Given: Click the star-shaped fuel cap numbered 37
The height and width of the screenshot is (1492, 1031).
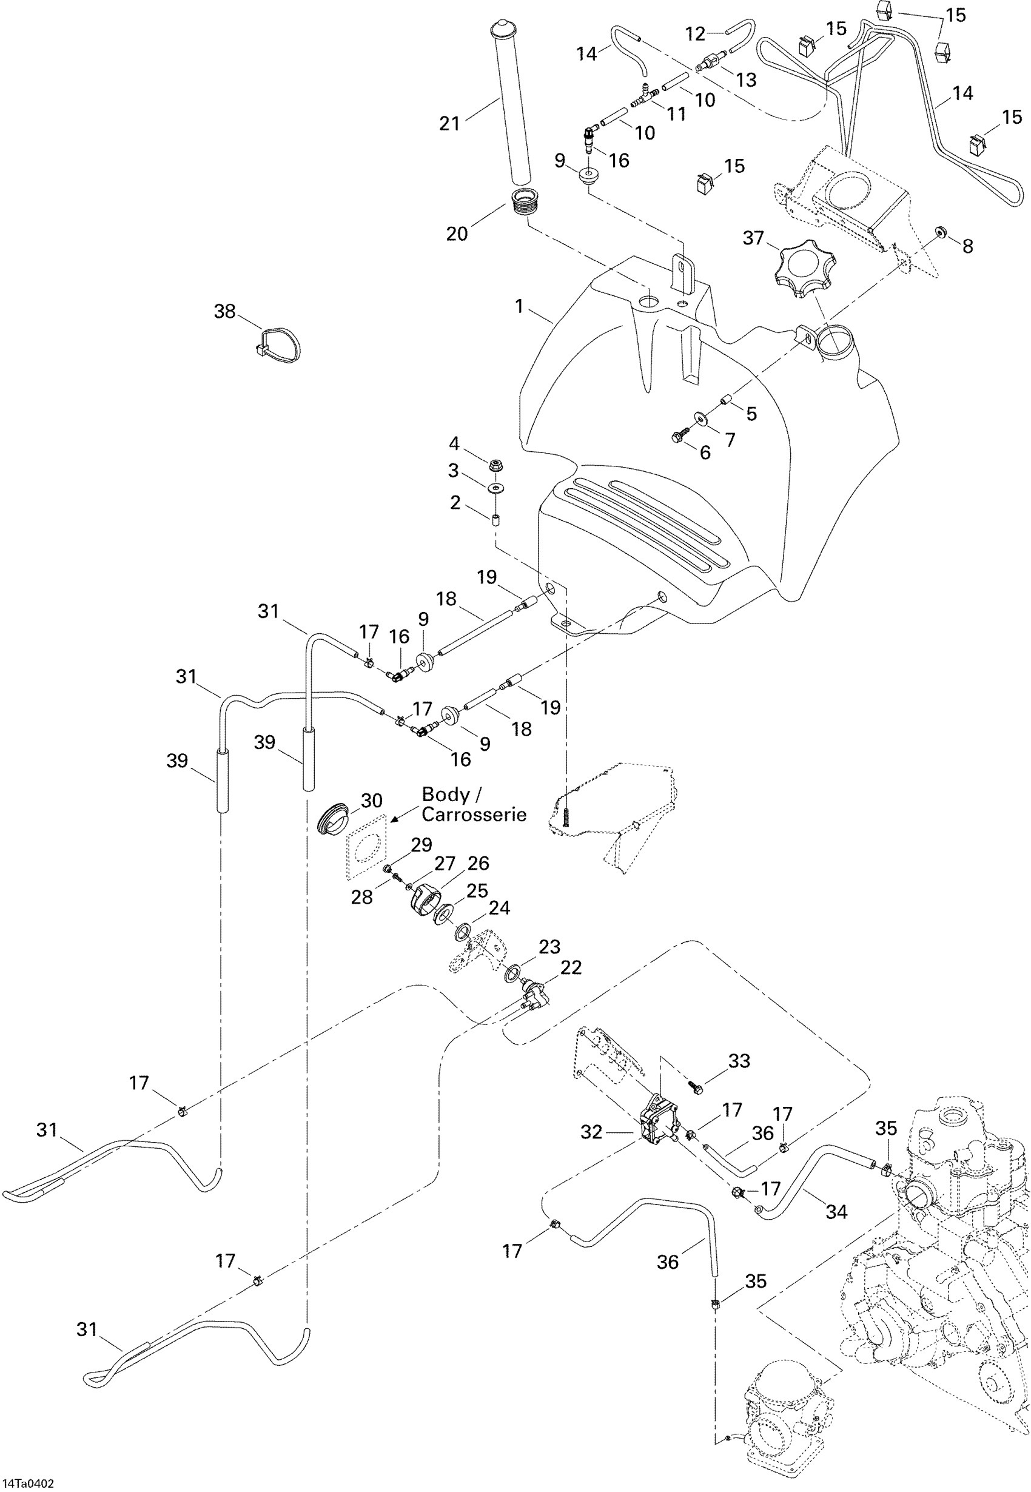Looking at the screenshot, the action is [x=805, y=270].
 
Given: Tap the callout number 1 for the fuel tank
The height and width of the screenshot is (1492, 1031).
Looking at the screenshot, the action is [x=519, y=306].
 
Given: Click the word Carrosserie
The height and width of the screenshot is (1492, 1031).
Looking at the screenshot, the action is [x=474, y=815].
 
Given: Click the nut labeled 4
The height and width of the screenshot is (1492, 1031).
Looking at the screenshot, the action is [x=496, y=465].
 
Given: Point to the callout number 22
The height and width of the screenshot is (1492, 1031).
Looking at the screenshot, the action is [x=571, y=967].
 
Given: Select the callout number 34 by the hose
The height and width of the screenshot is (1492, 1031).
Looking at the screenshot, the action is [x=836, y=1212].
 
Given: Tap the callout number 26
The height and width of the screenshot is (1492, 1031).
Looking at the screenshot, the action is [x=479, y=863].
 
